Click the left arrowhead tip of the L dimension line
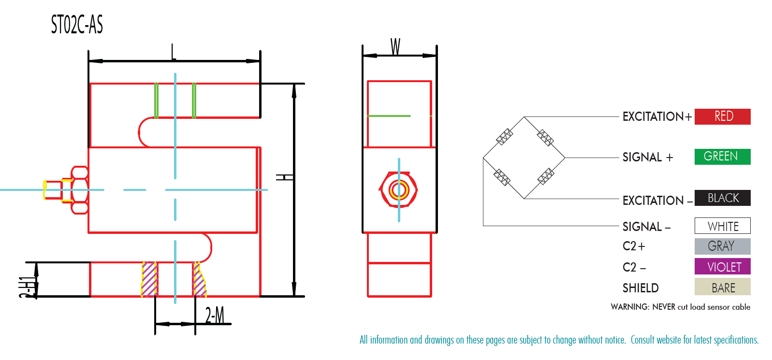89,61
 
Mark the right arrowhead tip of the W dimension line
436,56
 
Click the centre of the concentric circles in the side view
399,190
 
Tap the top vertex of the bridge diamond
524,117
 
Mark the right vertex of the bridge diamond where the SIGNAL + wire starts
565,158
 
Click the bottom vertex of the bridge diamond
524,199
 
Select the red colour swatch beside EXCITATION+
722,116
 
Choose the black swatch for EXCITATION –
722,198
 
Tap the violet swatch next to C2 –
722,266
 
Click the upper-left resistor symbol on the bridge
504,137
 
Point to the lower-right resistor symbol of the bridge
546,176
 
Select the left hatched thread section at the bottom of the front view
149,279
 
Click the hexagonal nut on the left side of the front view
80,190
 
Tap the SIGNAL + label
648,158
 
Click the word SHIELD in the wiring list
641,288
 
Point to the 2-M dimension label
214,315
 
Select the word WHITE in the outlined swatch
723,226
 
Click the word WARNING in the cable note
630,307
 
